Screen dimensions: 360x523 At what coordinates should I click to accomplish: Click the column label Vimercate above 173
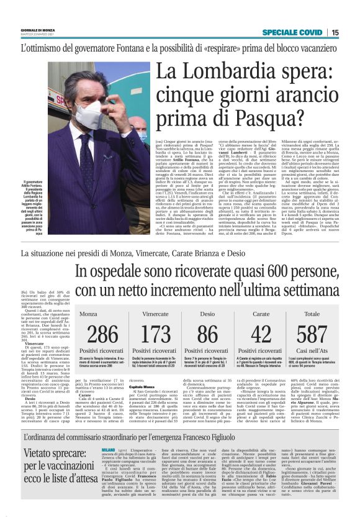pyautogui.click(x=156, y=314)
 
